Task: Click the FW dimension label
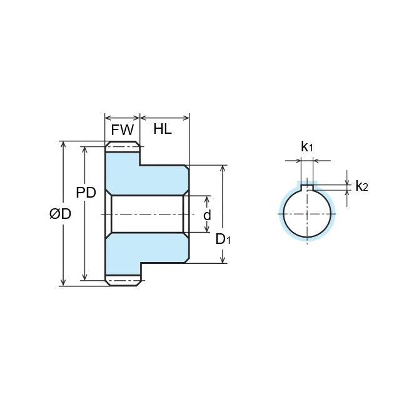[x=122, y=130]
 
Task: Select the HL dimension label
[x=163, y=130]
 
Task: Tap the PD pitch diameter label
[x=86, y=193]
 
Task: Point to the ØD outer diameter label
[x=60, y=214]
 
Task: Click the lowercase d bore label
[x=207, y=215]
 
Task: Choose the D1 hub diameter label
[x=223, y=239]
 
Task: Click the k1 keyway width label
[x=306, y=147]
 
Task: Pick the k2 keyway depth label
[x=361, y=186]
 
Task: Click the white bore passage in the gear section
[x=147, y=214]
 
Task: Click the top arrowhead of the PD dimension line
[x=85, y=150]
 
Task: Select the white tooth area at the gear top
[x=122, y=147]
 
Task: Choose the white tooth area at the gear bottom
[x=122, y=281]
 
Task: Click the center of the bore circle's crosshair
[x=307, y=214]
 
